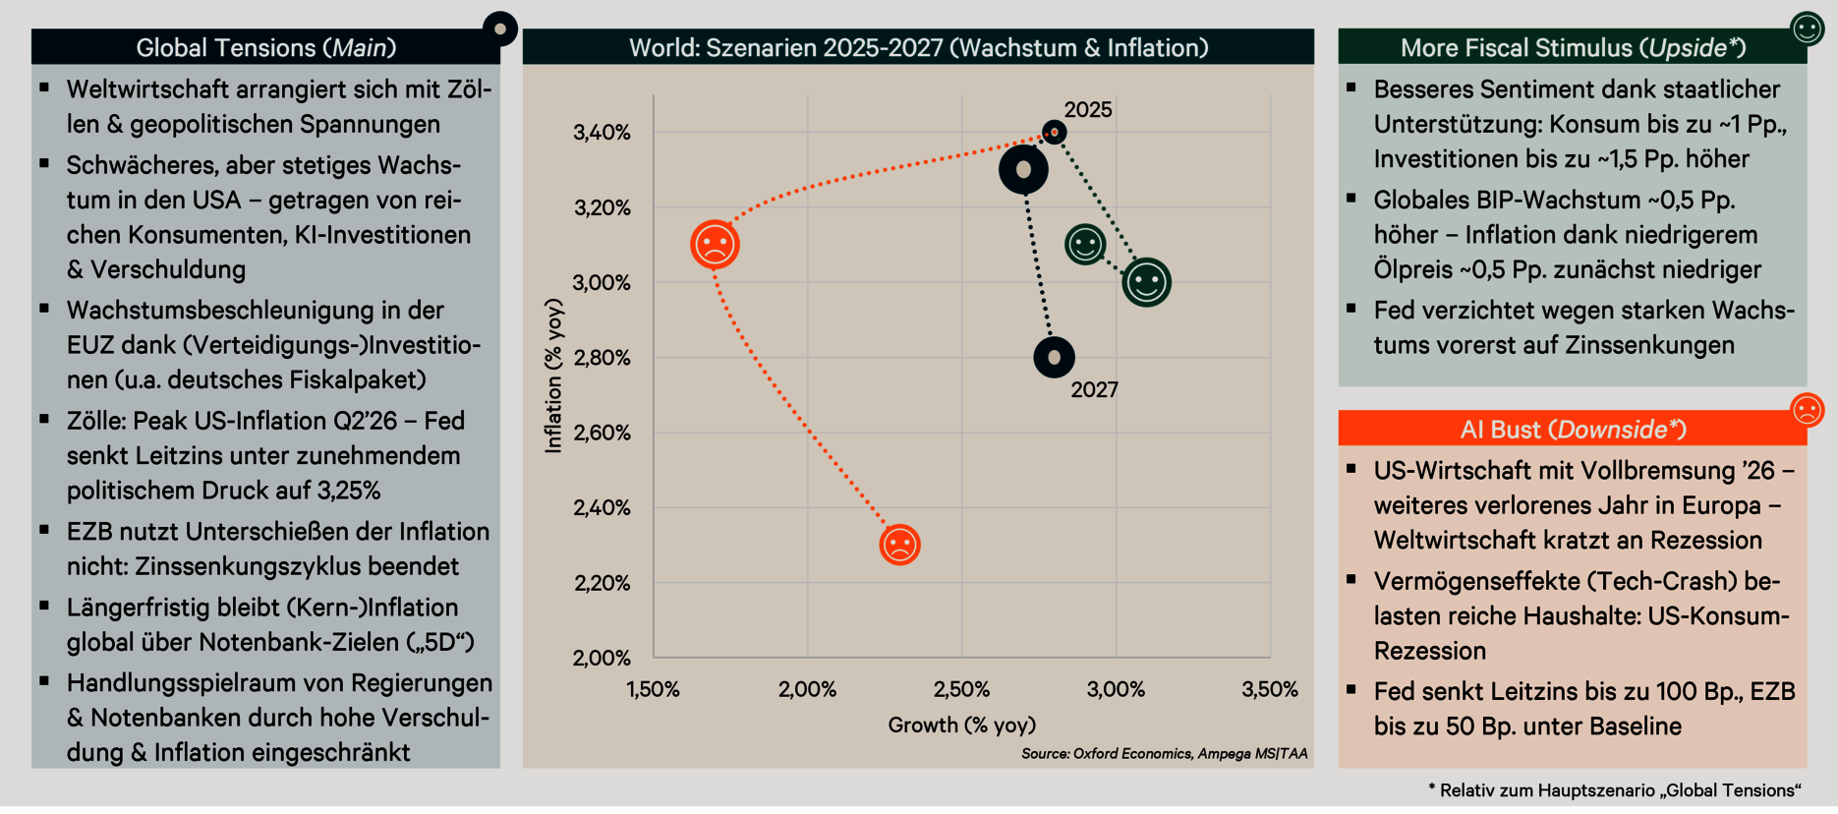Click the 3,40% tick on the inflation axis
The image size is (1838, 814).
[x=602, y=133]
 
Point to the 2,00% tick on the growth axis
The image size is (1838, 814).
[x=807, y=690]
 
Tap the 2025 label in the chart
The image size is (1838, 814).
[x=1088, y=110]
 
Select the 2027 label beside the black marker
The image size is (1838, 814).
[x=1094, y=390]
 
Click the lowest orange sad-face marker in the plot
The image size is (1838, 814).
[x=899, y=545]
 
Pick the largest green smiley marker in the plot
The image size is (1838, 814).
[x=1146, y=283]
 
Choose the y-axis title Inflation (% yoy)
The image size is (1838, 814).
[x=554, y=377]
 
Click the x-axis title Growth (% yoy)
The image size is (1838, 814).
[x=961, y=726]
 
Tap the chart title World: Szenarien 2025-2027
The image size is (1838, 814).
[x=918, y=47]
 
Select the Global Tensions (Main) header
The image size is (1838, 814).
[x=265, y=47]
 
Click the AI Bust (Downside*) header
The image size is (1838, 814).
[x=1573, y=430]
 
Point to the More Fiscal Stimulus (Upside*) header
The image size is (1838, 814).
[x=1573, y=47]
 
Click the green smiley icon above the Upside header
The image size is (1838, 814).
[x=1808, y=29]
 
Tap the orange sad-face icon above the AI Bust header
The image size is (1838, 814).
[x=1807, y=409]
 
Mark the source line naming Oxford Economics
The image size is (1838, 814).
[x=1164, y=754]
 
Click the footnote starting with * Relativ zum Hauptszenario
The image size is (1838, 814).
[x=1614, y=790]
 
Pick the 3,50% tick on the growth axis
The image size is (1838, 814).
[x=1270, y=690]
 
